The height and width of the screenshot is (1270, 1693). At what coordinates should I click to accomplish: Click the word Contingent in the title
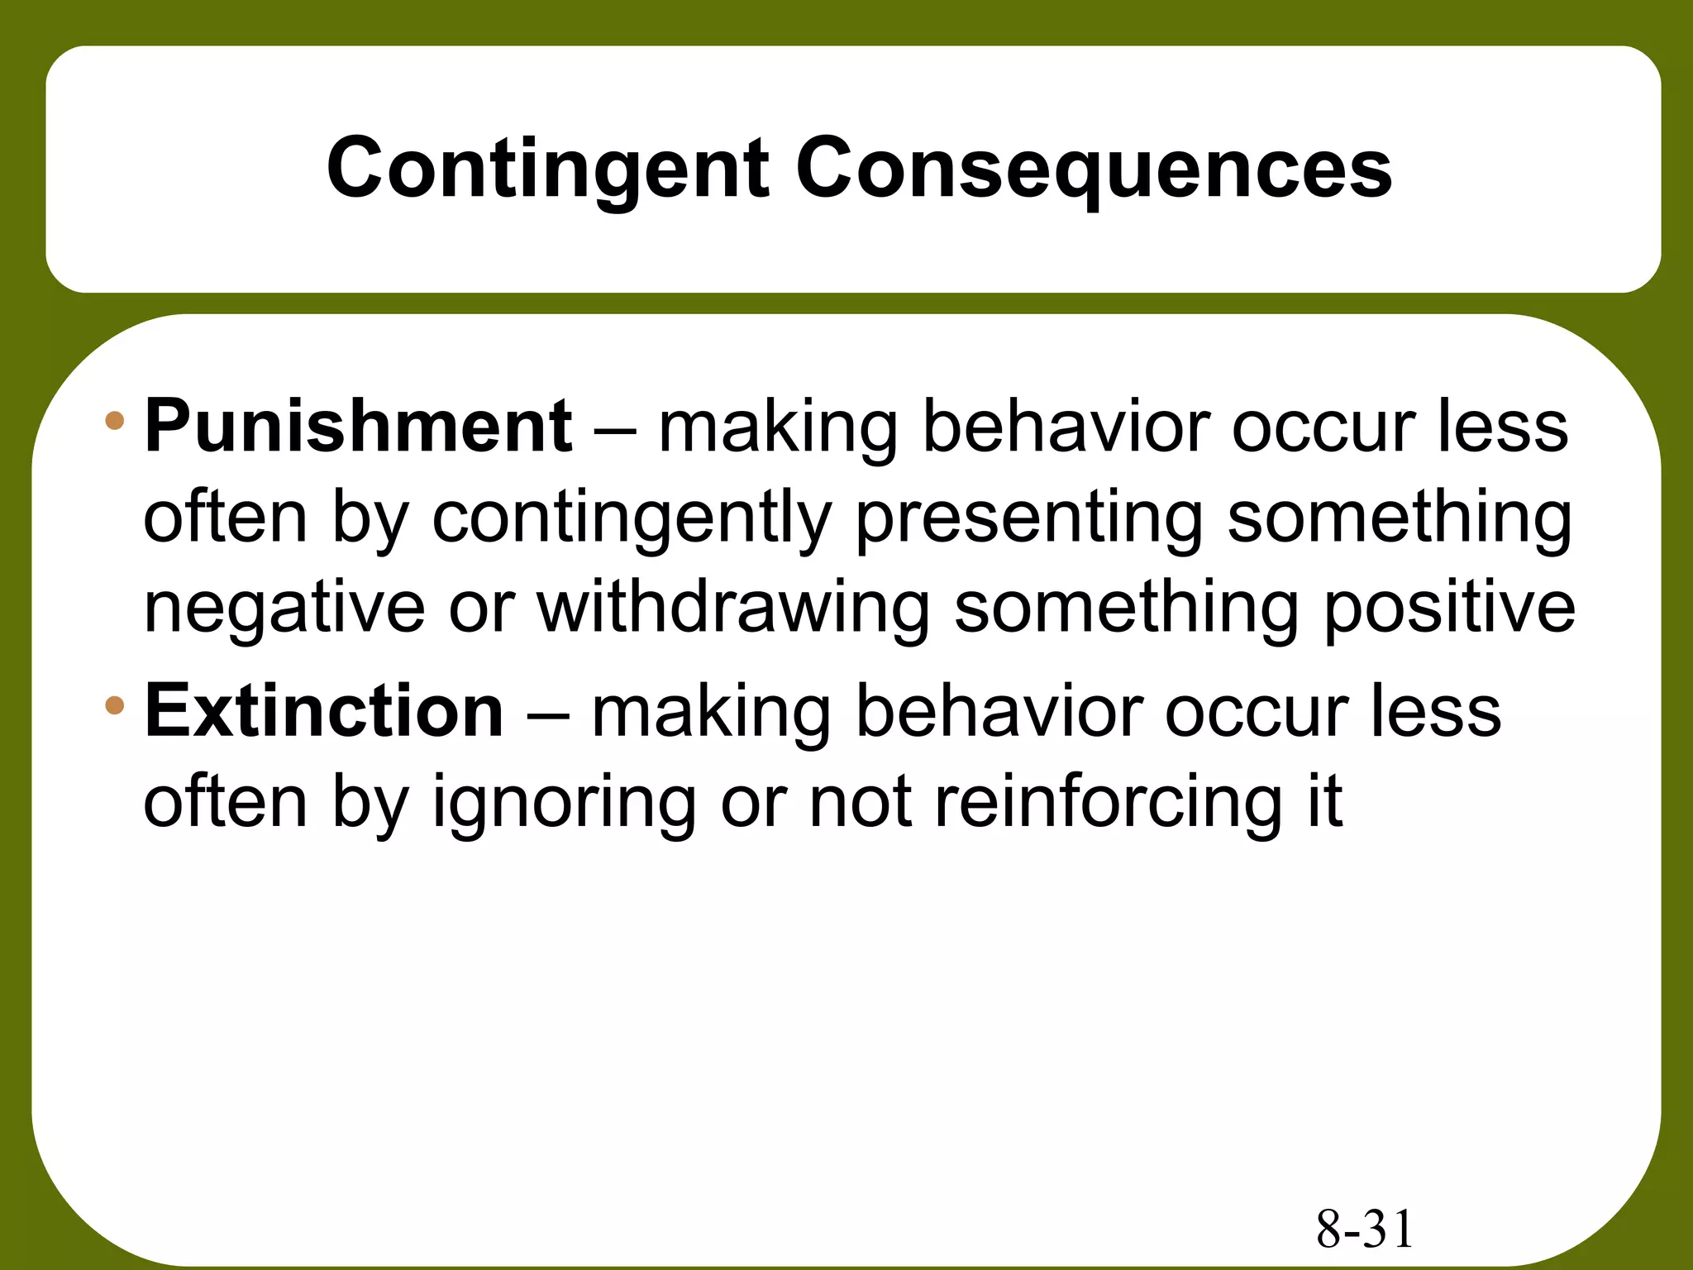pos(548,169)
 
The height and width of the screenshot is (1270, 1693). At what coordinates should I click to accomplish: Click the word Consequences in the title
pos(1093,169)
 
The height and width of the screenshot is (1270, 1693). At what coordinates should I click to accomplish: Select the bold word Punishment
pos(358,427)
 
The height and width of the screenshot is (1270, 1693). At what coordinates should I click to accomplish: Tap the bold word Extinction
pos(324,711)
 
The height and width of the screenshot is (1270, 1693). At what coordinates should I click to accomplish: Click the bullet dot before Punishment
pos(114,422)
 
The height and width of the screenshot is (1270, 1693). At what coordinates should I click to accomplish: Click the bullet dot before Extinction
pos(114,706)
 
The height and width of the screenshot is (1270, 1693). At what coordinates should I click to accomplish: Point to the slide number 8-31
pos(1365,1229)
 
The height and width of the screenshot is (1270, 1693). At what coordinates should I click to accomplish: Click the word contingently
pos(632,519)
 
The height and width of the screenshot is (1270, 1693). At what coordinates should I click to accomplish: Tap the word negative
pos(284,609)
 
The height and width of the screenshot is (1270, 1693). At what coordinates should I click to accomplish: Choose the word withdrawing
pos(734,609)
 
